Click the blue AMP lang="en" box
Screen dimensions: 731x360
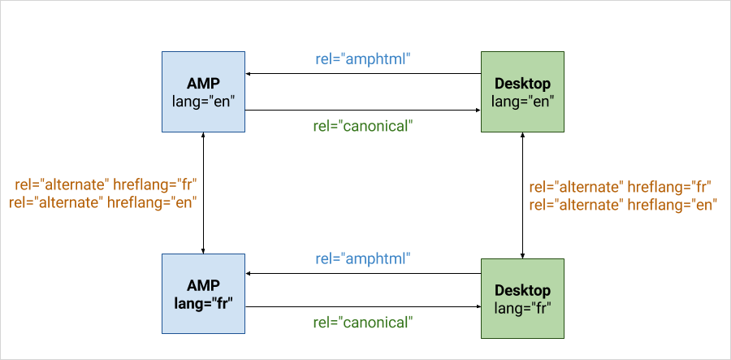pos(203,91)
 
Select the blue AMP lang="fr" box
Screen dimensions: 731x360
pos(203,294)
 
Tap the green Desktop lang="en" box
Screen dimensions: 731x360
pos(522,91)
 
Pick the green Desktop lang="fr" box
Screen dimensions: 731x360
pos(522,298)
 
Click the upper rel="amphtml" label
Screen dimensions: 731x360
pos(363,59)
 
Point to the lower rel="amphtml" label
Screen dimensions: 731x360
pos(363,258)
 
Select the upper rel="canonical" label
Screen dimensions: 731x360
pos(363,126)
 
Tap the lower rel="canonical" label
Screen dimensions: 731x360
pos(363,323)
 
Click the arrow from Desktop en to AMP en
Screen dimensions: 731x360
pos(363,74)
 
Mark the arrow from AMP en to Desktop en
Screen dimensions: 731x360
pos(363,110)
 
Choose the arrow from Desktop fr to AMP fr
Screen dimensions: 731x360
pos(363,273)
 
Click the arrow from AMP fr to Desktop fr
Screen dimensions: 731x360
pos(363,307)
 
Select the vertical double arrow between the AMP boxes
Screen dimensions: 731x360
pos(203,193)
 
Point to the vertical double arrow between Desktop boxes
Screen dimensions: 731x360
pos(522,195)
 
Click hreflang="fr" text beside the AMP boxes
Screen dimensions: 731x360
pos(155,184)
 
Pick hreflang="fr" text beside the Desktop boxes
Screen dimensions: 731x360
pos(669,187)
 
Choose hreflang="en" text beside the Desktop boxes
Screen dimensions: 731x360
pos(673,205)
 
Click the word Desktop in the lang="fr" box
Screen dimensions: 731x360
pos(522,290)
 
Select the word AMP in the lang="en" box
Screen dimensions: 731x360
pos(203,84)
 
